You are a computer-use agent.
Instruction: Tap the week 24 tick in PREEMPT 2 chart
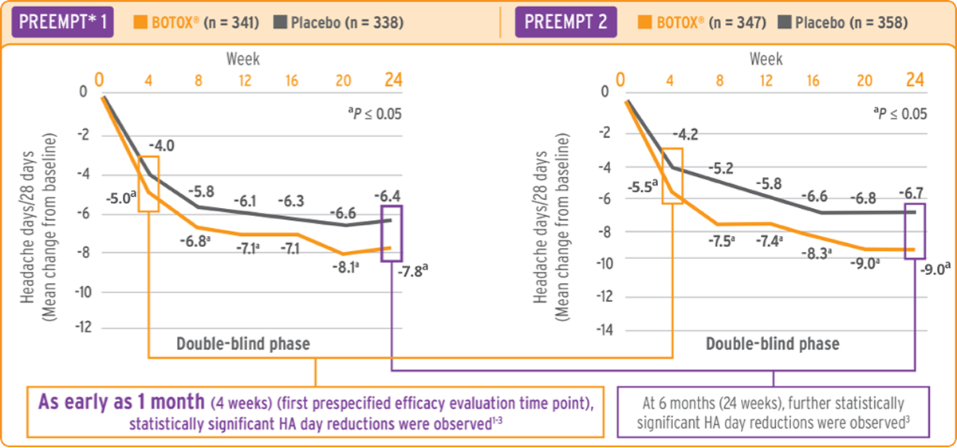915,80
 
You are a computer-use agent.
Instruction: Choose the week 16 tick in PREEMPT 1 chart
292,80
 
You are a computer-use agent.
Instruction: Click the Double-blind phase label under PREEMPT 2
772,344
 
